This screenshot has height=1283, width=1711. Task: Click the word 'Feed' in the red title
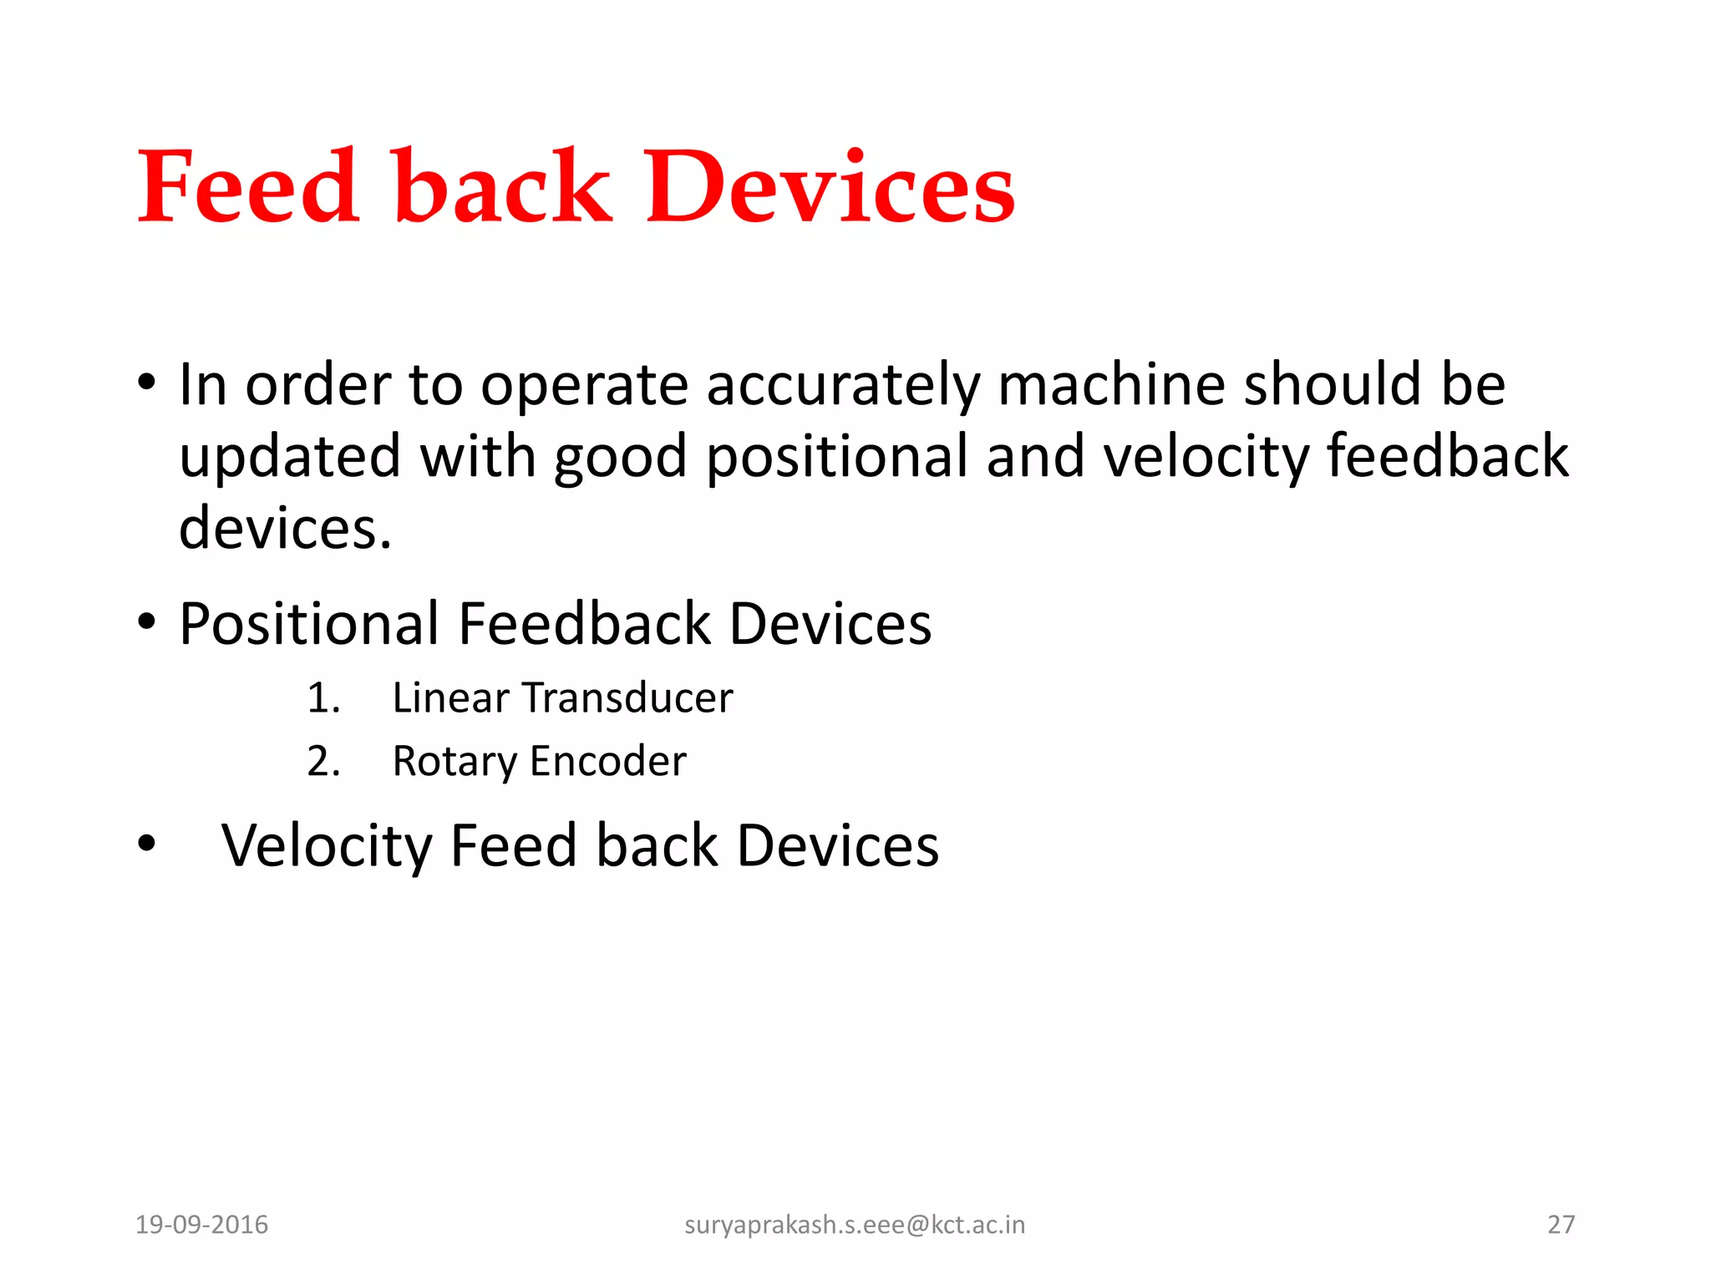(248, 187)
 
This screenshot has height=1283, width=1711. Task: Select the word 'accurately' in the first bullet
(842, 386)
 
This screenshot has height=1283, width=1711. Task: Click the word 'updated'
(290, 458)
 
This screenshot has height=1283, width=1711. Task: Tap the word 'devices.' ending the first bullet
(285, 529)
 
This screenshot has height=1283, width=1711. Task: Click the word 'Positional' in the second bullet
(308, 624)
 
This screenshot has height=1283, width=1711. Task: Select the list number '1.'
(323, 698)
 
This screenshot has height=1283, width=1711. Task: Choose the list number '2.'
(323, 762)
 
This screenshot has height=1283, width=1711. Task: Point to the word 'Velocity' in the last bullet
(326, 846)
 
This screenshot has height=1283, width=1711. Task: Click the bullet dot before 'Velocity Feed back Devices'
(147, 844)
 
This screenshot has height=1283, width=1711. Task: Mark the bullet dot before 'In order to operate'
(147, 384)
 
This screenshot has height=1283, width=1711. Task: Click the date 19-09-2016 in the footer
(201, 1225)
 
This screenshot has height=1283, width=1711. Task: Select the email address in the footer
(854, 1225)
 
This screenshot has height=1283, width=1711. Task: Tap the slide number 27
(1561, 1225)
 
